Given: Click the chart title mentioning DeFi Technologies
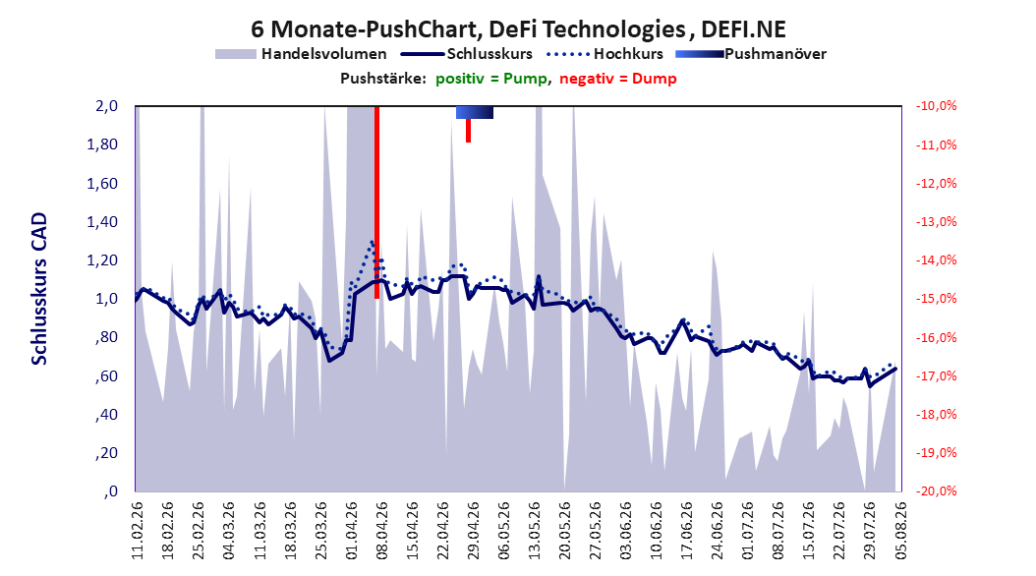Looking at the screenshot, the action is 518,29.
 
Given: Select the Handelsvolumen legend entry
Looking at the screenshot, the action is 302,54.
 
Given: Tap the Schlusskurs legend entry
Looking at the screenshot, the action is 467,54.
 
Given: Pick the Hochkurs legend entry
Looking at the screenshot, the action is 605,54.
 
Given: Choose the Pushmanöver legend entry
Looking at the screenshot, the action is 751,54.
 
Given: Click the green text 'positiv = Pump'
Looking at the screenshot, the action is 491,79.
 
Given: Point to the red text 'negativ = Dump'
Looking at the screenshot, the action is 618,79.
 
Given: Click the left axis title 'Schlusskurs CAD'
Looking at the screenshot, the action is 39,289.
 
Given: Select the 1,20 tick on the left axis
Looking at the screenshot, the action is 102,260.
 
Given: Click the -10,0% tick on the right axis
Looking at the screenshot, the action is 936,106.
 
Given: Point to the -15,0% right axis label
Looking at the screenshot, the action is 936,299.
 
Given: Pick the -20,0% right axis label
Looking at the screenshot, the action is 936,491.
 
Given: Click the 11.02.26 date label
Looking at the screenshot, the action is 138,531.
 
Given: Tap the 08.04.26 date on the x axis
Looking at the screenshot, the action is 381,531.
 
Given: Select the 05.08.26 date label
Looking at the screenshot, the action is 900,531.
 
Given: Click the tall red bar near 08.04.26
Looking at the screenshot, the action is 376,202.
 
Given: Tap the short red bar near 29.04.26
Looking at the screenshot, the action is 468,130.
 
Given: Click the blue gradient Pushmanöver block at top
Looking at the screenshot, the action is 475,113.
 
